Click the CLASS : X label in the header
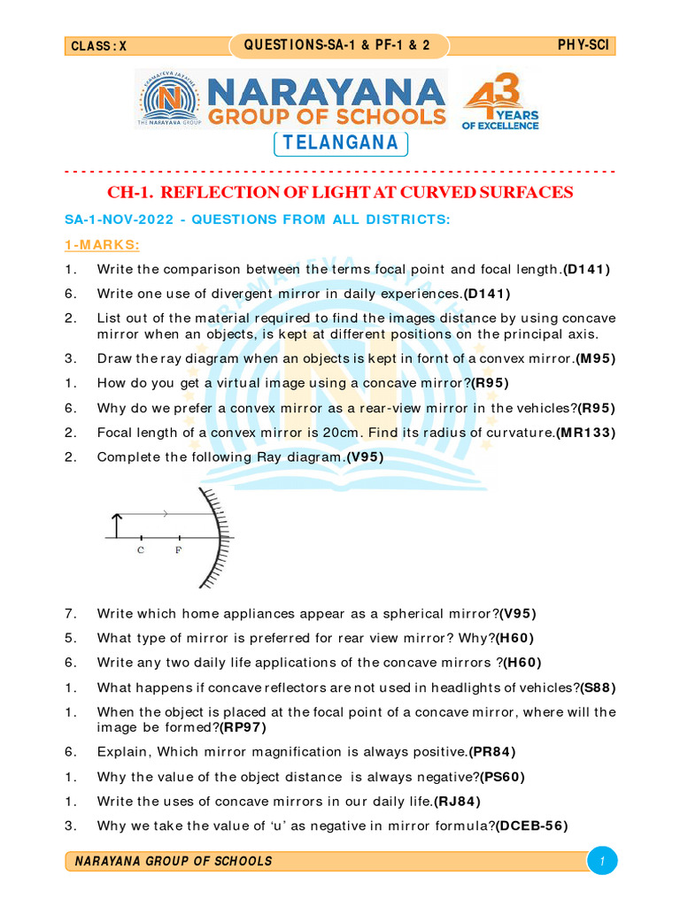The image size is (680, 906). click(98, 47)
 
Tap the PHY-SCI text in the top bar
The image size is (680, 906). click(583, 46)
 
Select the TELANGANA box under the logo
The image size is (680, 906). click(341, 143)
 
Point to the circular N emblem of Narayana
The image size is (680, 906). click(168, 99)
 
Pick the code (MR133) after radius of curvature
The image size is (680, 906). click(585, 432)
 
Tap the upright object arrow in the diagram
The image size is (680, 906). click(113, 525)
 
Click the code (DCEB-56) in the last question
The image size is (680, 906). click(531, 825)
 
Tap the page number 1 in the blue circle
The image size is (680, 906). click(601, 861)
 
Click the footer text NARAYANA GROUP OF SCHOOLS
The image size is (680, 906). click(174, 861)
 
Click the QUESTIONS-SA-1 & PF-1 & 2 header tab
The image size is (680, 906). click(338, 46)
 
